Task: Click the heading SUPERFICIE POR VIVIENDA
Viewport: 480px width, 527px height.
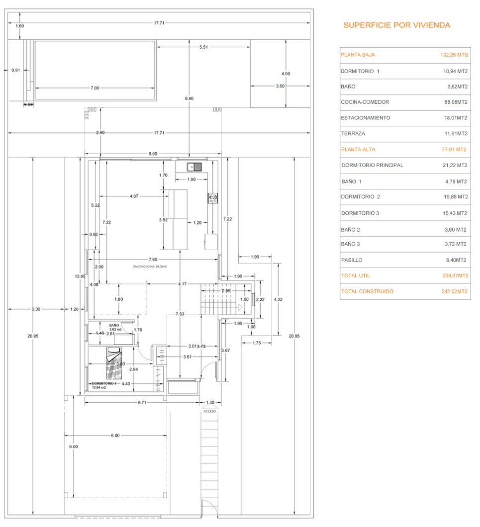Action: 396,25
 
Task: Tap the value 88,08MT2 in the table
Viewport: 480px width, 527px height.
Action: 453,102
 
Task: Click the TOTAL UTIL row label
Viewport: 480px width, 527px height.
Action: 356,276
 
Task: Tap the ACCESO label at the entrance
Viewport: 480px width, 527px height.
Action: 209,411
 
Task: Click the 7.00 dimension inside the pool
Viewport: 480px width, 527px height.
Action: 95,88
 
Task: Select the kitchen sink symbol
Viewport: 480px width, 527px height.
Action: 194,167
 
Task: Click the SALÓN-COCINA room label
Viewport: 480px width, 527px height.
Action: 149,267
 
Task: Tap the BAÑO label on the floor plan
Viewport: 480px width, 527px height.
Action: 114,325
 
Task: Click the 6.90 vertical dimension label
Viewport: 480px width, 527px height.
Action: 189,99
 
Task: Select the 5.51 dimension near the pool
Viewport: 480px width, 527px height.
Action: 203,47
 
